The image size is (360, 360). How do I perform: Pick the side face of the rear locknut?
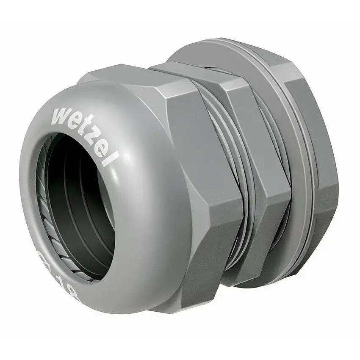click(x=326, y=169)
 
